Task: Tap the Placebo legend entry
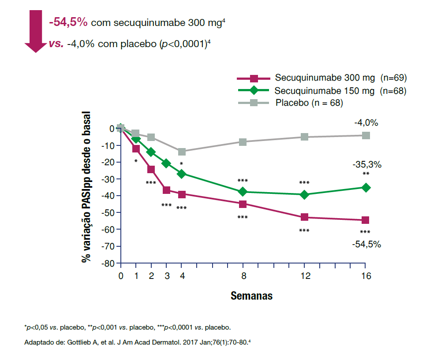pyautogui.click(x=309, y=103)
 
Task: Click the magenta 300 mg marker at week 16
pyautogui.click(x=365, y=220)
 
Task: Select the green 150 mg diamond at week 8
pyautogui.click(x=243, y=192)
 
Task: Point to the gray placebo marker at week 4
pyautogui.click(x=182, y=152)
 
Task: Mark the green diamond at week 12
pyautogui.click(x=304, y=194)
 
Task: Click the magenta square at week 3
pyautogui.click(x=167, y=190)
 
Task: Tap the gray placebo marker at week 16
pyautogui.click(x=365, y=135)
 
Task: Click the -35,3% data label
pyautogui.click(x=367, y=165)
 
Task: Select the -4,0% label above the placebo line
pyautogui.click(x=366, y=123)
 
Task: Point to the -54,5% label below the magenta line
pyautogui.click(x=367, y=244)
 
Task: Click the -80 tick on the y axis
pyautogui.click(x=108, y=263)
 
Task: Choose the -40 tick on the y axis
pyautogui.click(x=108, y=196)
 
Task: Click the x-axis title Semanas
pyautogui.click(x=251, y=296)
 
